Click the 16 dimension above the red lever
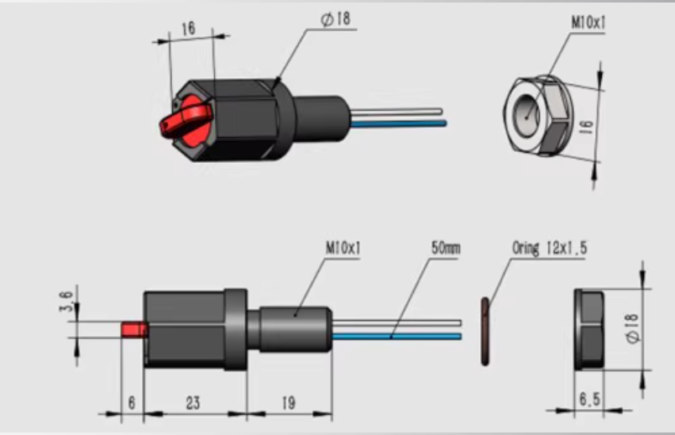point(188,29)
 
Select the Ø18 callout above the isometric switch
point(335,19)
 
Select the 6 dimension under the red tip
point(131,403)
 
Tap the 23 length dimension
point(193,403)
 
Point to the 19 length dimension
point(288,403)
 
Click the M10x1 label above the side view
point(342,249)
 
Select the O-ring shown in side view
point(486,330)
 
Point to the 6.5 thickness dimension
point(590,401)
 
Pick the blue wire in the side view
point(395,337)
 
